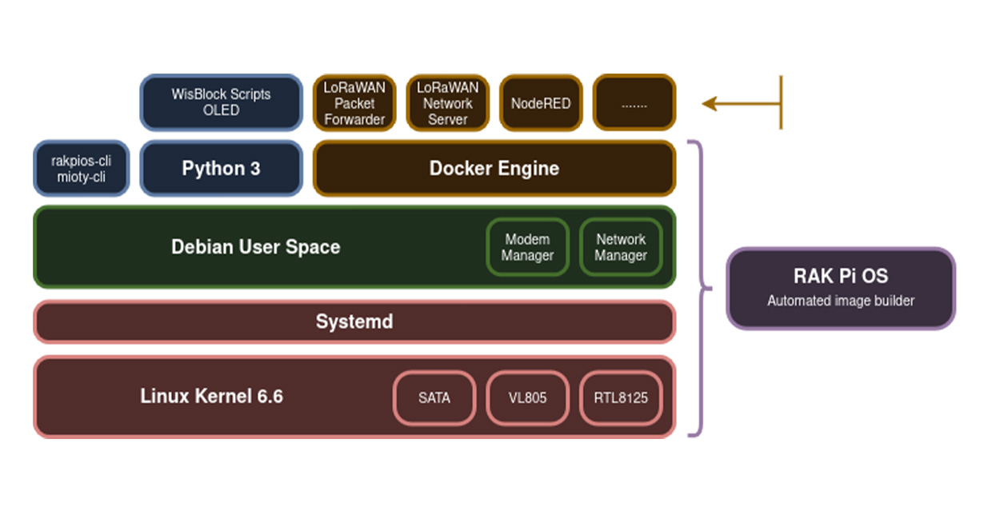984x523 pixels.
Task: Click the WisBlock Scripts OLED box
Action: click(221, 102)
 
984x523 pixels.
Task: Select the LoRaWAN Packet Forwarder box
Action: click(354, 102)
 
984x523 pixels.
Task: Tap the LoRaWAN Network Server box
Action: click(448, 102)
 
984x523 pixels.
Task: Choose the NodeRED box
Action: click(541, 102)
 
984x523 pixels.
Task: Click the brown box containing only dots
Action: click(634, 102)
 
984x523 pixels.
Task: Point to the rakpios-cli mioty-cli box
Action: click(82, 168)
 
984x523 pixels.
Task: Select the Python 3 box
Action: click(221, 168)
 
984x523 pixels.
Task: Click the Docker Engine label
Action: click(494, 168)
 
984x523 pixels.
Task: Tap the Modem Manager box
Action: click(527, 247)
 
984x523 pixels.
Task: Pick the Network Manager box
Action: click(621, 247)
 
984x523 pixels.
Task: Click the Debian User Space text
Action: click(256, 247)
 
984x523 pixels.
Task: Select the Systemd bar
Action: click(354, 322)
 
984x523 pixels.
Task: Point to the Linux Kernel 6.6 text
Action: click(212, 396)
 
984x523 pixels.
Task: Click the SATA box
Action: click(434, 398)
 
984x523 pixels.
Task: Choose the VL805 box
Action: click(527, 398)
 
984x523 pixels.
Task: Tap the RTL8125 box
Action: click(621, 398)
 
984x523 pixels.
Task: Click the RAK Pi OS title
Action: click(841, 276)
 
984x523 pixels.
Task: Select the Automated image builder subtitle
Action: click(841, 301)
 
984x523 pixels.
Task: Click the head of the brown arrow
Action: click(709, 104)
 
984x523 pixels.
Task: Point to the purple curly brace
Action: click(702, 288)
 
